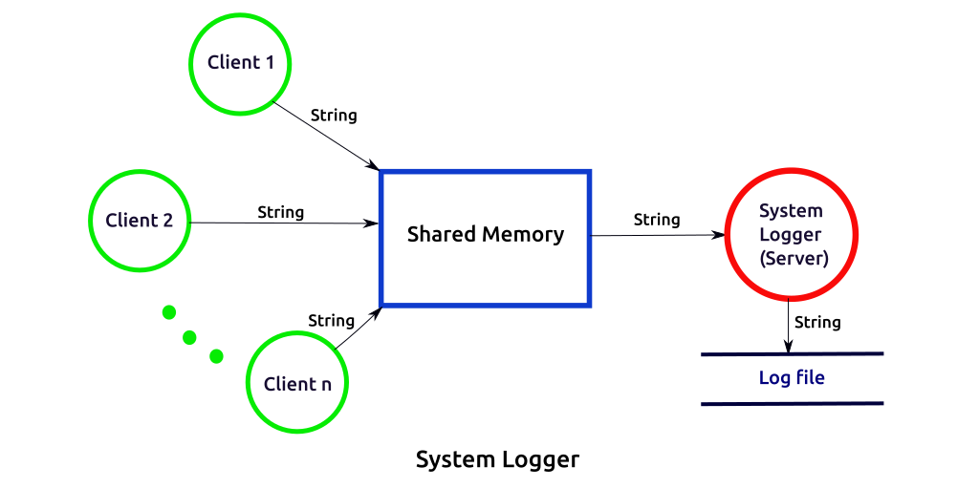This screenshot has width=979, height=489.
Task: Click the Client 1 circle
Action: pos(240,64)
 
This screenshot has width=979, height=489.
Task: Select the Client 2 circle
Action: pos(140,221)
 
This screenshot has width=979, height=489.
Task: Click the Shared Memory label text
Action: pos(486,235)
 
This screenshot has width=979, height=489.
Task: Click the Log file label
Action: pos(792,378)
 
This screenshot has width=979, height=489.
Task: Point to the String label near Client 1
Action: pos(334,116)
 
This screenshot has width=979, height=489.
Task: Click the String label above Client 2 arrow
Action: pos(281,212)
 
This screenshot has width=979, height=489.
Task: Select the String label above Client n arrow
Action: pos(332,321)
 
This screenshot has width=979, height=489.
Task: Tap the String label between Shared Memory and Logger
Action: pos(657,220)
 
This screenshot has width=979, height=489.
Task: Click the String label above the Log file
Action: pos(817,323)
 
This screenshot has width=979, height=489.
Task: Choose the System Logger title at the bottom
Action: pos(497,460)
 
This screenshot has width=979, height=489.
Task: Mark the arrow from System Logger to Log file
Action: pos(788,326)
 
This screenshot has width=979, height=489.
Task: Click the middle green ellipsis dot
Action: pos(190,336)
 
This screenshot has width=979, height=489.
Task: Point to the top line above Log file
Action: pos(792,354)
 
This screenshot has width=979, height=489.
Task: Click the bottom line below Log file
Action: pos(792,403)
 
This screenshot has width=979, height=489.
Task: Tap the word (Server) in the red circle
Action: pos(792,259)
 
